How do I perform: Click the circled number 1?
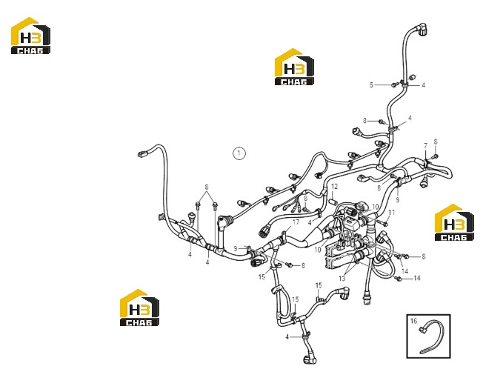coord(239,153)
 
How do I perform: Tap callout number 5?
coord(371,84)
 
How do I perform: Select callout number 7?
coord(425,145)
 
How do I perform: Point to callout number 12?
coord(335,186)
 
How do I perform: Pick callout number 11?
coord(392,212)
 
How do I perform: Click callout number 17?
coord(296,222)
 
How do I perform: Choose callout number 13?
coord(342,279)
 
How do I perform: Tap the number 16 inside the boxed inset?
coord(413,321)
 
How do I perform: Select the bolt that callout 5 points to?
coord(393,84)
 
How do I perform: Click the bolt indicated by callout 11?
coord(383,222)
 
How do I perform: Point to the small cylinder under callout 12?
coord(333,201)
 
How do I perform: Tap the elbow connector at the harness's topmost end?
coord(422,30)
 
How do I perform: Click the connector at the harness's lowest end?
coord(309,359)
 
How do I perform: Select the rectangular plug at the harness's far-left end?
coord(143,153)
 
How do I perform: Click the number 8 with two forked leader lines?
coord(207,187)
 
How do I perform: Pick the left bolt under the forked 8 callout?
coord(198,206)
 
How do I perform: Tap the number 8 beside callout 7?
coord(436,142)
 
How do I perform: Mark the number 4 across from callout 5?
coord(423,84)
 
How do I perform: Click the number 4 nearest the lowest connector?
coord(287,337)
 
